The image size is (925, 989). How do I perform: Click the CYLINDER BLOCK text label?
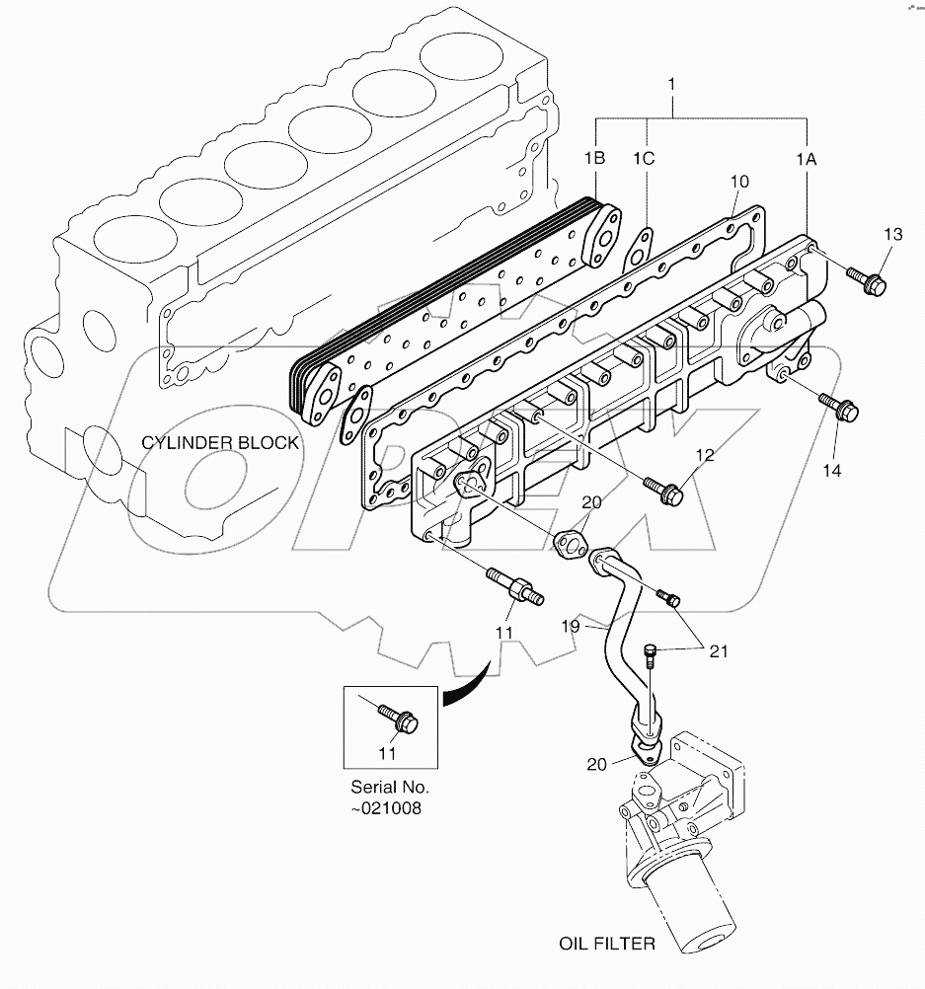point(219,443)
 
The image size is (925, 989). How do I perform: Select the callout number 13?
point(892,234)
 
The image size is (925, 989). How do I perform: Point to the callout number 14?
point(831,471)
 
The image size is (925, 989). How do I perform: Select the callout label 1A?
point(808,158)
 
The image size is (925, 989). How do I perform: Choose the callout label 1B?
point(594,158)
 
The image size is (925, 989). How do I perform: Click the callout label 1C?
point(645,158)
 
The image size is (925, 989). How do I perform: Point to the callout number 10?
point(739,182)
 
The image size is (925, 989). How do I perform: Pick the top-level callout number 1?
point(672,85)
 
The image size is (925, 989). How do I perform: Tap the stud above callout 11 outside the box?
point(512,589)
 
